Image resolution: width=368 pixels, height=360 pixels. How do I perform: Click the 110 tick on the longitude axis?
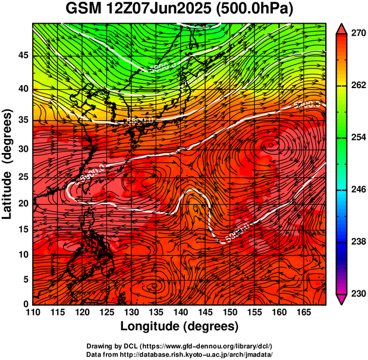tap(32, 312)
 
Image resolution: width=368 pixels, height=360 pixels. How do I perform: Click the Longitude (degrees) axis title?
tap(179, 327)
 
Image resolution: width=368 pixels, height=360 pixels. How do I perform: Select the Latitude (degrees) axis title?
tap(8, 163)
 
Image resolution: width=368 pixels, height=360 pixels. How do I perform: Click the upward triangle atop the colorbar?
tap(341, 28)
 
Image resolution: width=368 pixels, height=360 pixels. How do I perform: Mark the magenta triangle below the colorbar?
tap(341, 299)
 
